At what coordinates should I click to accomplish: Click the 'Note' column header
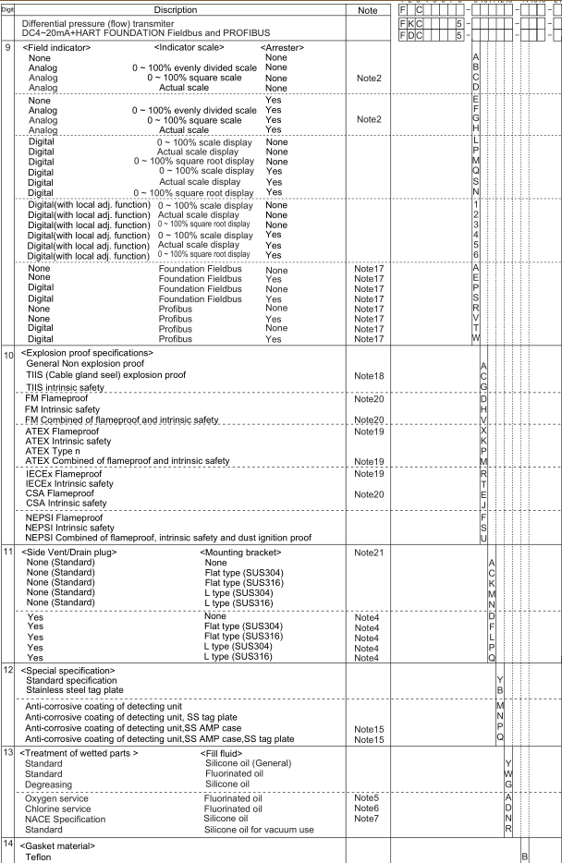368,9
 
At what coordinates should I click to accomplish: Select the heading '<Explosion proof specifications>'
86,353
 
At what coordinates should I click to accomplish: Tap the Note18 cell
368,376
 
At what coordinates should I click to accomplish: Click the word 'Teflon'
42,857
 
